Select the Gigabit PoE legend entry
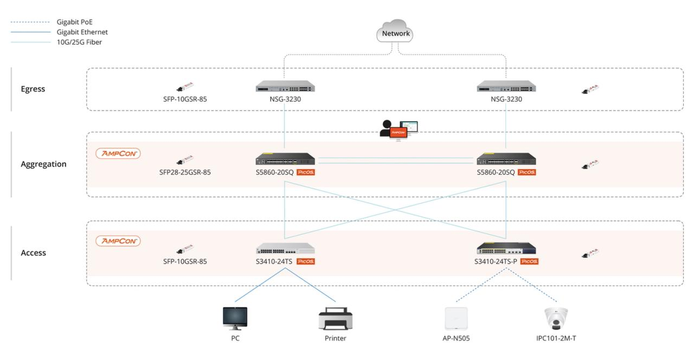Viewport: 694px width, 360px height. [x=74, y=22]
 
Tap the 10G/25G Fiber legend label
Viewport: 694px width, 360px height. [x=79, y=42]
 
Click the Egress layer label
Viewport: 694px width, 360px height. [x=33, y=89]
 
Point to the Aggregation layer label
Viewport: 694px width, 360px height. [x=43, y=164]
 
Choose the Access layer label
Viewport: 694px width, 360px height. [x=33, y=253]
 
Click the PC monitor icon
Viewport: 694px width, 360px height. [x=235, y=318]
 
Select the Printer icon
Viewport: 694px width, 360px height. [x=335, y=318]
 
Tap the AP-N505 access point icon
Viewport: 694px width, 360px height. [x=455, y=318]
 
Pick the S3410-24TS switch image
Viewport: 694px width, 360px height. [x=285, y=249]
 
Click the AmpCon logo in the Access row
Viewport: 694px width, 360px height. [x=118, y=241]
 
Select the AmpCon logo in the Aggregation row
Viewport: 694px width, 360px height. [x=118, y=153]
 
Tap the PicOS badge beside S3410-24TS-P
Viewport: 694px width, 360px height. [x=529, y=261]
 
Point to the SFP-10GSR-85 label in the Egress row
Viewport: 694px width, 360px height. [x=185, y=99]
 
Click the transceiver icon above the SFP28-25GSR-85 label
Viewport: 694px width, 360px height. [x=184, y=160]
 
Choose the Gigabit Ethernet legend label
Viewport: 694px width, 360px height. [x=82, y=32]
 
